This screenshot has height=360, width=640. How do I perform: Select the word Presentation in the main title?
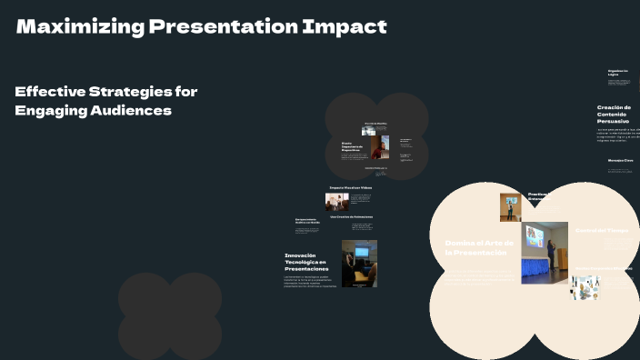coord(215,27)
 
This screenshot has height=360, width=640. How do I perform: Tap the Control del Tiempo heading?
coord(602,230)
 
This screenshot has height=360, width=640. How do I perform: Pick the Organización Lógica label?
coord(618,73)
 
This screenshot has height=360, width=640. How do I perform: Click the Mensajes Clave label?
coord(620,160)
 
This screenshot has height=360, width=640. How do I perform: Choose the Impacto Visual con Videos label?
coord(350,187)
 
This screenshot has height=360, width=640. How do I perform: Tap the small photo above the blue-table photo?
coord(510,206)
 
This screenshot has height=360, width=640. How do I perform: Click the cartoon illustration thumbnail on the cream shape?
coord(585,286)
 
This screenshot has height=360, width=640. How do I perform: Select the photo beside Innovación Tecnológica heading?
coord(359,264)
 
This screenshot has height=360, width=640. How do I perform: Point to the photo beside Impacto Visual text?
coord(338,201)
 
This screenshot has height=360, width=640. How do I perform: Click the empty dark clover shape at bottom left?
coord(170,314)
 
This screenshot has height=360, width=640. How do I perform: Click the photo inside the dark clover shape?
coord(379,145)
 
